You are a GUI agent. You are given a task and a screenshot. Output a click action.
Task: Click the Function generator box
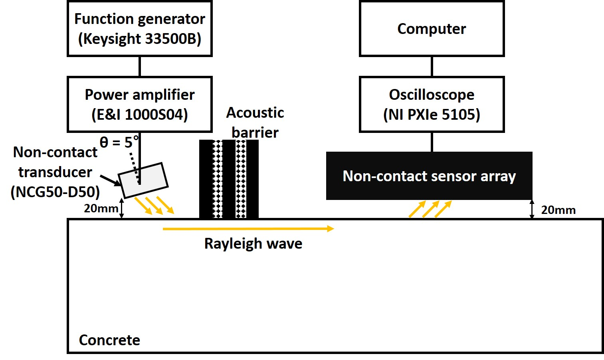tap(139, 29)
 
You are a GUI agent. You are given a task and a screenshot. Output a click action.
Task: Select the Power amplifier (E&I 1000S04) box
tap(139, 104)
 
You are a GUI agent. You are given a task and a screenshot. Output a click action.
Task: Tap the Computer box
tap(432, 29)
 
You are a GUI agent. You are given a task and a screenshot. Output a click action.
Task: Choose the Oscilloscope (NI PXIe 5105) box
tap(432, 104)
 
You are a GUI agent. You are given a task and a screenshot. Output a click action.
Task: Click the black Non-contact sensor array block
tap(429, 176)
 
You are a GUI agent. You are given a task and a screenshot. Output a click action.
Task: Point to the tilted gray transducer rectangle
tap(143, 180)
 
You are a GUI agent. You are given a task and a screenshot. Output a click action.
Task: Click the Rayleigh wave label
tap(253, 243)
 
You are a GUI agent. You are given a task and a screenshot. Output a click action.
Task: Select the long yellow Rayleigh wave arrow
tap(248, 229)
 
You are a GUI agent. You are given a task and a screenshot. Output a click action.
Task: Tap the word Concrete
tap(109, 340)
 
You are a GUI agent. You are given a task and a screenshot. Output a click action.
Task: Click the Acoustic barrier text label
tap(255, 123)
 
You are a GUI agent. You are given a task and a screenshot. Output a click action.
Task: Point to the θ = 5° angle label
tap(119, 142)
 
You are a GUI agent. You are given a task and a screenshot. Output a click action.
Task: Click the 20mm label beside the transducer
tap(101, 208)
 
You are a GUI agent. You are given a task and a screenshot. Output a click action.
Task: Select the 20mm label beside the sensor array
tap(558, 210)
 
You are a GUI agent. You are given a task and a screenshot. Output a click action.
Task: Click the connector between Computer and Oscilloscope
tap(432, 66)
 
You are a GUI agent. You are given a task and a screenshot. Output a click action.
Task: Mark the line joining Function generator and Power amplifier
tap(139, 66)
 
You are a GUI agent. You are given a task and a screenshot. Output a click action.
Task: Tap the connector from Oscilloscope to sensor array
tap(432, 142)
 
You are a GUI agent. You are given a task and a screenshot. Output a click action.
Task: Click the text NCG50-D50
tap(55, 192)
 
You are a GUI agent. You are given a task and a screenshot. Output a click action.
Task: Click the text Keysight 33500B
tap(139, 39)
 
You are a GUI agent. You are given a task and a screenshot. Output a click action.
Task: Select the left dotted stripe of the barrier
tap(217, 179)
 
